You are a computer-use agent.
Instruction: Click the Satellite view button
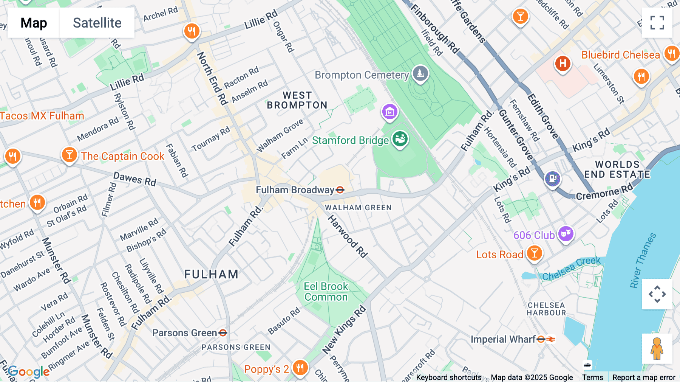(97, 23)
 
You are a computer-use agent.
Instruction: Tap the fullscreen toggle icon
(657, 23)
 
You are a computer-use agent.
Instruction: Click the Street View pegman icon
(657, 348)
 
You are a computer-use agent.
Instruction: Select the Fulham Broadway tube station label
(295, 190)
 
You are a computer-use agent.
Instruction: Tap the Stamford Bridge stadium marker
(400, 140)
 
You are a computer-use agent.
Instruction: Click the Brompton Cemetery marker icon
(420, 73)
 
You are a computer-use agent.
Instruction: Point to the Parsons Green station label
(185, 333)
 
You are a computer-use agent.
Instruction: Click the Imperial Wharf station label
(503, 339)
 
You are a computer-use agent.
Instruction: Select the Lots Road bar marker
(534, 253)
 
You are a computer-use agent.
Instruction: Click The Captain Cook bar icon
(69, 155)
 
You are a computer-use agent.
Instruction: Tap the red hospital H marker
(563, 64)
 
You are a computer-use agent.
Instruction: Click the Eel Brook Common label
(326, 292)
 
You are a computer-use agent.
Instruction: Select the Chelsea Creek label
(571, 269)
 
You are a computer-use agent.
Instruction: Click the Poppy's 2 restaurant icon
(300, 367)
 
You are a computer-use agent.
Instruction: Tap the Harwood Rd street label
(347, 236)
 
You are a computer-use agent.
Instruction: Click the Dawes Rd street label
(135, 179)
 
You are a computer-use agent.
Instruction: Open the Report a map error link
(643, 377)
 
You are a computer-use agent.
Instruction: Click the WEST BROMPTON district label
(297, 100)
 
